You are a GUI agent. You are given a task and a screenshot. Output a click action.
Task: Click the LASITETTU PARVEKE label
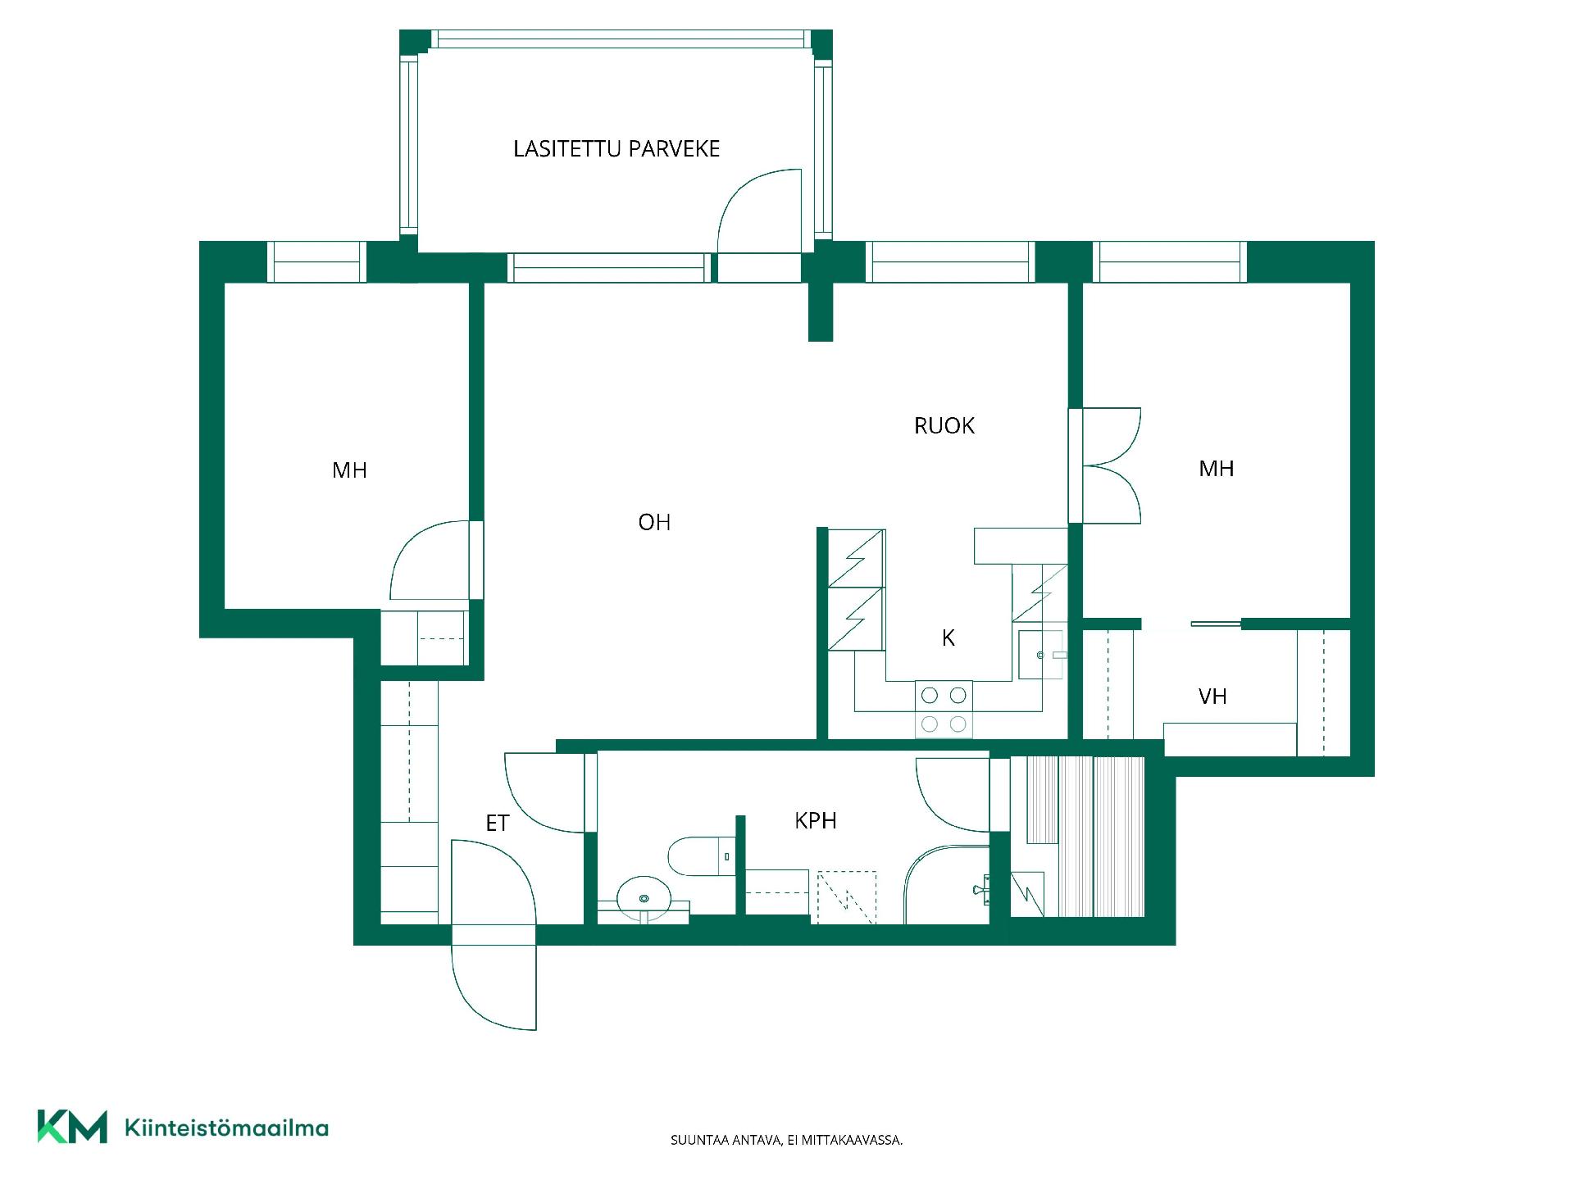tap(616, 149)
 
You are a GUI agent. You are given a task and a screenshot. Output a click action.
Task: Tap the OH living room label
tap(654, 522)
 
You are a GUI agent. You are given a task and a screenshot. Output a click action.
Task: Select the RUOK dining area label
tap(944, 426)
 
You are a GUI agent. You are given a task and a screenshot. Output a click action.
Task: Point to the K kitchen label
tap(948, 638)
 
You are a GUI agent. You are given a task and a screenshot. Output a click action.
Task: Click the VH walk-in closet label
tap(1212, 697)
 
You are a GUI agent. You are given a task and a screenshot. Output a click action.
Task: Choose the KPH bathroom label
tap(816, 820)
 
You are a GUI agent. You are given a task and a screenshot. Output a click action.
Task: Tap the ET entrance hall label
tap(498, 824)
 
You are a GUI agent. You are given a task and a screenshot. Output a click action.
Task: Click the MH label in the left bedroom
tap(349, 470)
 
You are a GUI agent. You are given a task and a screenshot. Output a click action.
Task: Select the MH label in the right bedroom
tap(1217, 469)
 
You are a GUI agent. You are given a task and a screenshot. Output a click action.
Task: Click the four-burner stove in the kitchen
tap(944, 709)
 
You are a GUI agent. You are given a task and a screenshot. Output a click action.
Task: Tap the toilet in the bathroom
tap(702, 855)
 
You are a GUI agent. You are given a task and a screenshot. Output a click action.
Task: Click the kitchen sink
tap(1042, 655)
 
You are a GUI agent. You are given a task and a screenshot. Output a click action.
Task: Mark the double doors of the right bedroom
tap(1112, 465)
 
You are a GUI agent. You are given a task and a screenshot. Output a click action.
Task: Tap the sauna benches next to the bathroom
tap(1085, 836)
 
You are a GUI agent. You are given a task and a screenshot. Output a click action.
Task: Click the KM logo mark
tap(72, 1127)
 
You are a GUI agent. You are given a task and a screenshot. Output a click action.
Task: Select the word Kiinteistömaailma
tap(226, 1128)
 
